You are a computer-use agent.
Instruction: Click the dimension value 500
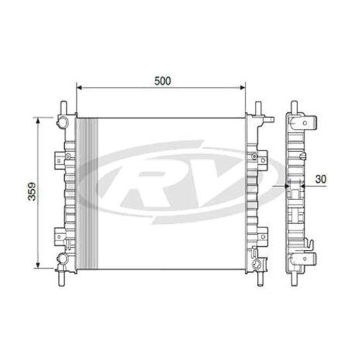point(162,80)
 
